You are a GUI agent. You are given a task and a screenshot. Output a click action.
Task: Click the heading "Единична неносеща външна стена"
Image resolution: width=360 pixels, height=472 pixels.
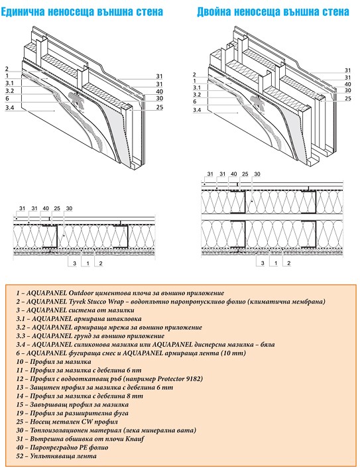(x=82, y=12)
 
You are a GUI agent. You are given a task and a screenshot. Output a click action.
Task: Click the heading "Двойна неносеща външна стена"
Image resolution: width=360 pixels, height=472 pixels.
(x=273, y=12)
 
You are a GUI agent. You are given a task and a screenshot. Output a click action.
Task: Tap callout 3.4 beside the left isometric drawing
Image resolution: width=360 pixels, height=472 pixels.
(x=10, y=107)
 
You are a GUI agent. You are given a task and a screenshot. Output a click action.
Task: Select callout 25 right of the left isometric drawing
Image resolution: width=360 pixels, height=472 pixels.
(x=159, y=107)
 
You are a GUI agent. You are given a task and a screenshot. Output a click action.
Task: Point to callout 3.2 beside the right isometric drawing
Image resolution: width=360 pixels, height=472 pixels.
(x=197, y=95)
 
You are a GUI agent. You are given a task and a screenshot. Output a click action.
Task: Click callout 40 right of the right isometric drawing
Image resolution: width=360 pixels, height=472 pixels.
(x=347, y=84)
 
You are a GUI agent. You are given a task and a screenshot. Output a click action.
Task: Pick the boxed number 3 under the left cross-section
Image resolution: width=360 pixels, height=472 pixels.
(x=75, y=263)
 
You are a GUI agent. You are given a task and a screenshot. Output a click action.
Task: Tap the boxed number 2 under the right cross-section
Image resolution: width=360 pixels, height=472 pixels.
(x=288, y=263)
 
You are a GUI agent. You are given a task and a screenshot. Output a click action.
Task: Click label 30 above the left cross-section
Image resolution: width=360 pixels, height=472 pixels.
(x=69, y=208)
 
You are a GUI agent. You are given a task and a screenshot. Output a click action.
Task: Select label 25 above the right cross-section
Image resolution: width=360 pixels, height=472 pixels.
(x=245, y=174)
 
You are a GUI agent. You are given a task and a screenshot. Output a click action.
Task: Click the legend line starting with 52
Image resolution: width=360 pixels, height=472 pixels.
(x=56, y=456)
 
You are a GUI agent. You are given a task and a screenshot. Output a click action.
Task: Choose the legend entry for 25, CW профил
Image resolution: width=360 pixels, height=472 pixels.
(x=67, y=422)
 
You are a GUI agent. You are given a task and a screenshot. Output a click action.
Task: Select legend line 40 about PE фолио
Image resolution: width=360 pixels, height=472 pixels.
(x=62, y=447)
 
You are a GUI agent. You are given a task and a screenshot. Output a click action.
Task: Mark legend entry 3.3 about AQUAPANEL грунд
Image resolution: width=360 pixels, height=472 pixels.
(x=90, y=336)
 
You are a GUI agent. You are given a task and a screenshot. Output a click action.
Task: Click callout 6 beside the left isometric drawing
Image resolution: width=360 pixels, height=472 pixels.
(x=7, y=98)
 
